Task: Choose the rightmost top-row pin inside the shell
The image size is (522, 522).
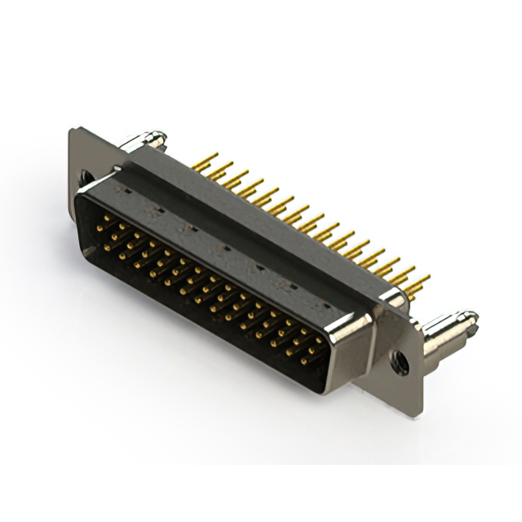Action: coord(316,335)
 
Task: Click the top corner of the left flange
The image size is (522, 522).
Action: coord(74,130)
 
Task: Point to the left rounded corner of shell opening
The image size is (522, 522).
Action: coord(80,204)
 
